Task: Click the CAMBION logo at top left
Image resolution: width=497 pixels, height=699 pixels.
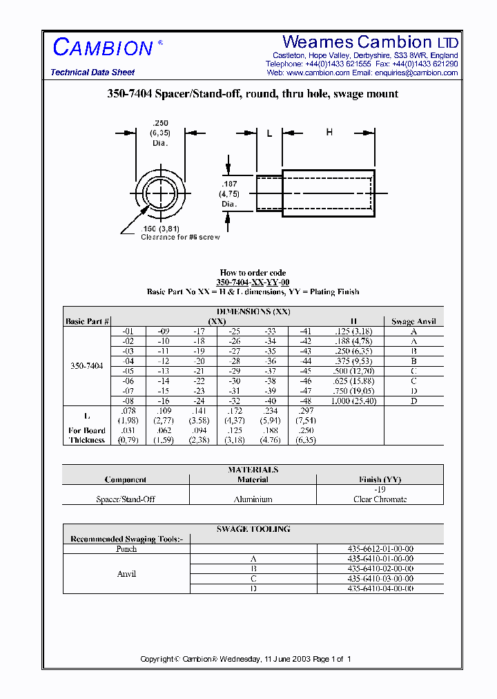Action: click(104, 48)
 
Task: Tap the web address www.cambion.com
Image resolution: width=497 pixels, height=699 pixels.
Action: click(318, 73)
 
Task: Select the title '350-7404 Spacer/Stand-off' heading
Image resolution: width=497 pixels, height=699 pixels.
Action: click(253, 94)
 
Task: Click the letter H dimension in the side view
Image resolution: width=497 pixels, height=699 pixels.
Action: click(329, 132)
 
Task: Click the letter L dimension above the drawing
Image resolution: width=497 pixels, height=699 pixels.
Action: click(269, 134)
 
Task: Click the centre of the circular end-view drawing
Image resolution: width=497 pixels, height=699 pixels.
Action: click(160, 191)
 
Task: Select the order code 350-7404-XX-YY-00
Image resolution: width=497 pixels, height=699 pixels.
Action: click(253, 283)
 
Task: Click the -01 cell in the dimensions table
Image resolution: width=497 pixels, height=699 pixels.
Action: click(128, 332)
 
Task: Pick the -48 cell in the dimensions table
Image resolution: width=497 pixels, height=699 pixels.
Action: click(305, 401)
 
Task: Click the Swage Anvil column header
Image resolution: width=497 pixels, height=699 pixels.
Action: click(413, 321)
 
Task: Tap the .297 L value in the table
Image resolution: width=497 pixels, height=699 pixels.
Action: click(306, 411)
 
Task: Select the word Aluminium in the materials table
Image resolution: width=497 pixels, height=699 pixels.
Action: click(253, 499)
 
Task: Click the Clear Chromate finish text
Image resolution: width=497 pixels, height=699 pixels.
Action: click(380, 499)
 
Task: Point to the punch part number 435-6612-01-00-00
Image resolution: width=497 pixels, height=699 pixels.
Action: click(380, 548)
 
